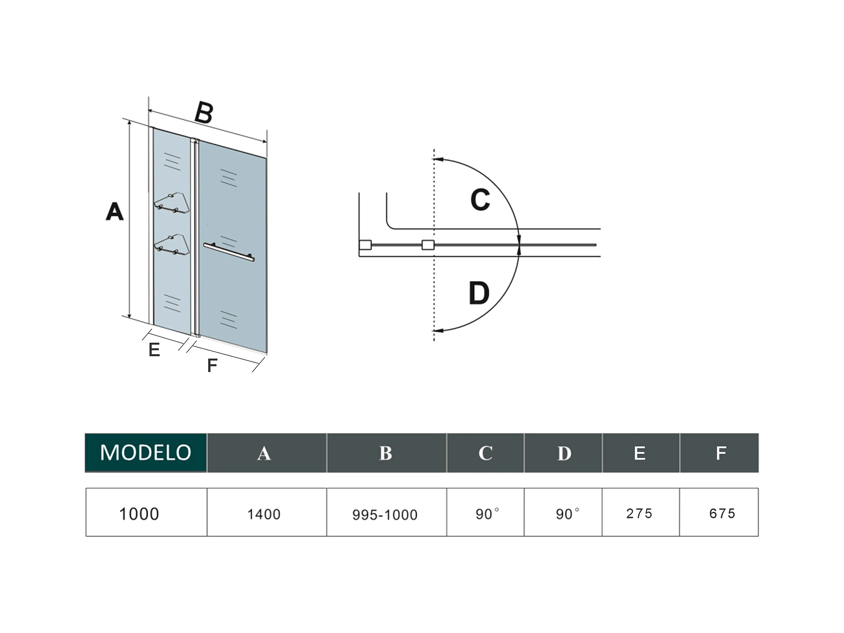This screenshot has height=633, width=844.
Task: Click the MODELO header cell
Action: pos(146,453)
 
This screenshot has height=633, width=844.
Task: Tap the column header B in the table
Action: pos(386,453)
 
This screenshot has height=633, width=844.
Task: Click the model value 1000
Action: pos(139,514)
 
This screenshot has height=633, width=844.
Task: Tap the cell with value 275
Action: pos(640,513)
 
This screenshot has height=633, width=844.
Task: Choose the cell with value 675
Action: pos(722,513)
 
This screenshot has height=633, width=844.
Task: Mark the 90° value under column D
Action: pos(567,514)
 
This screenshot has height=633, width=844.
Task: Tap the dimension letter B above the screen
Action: pos(204,113)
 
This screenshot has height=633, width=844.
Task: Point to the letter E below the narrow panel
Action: pos(154,350)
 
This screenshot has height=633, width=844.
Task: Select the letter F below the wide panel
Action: pos(212,365)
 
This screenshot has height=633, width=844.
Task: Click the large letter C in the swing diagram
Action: pos(480,199)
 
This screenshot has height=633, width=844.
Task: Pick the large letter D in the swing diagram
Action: pos(479,293)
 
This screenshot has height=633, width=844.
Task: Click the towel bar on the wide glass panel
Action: pos(229,252)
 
